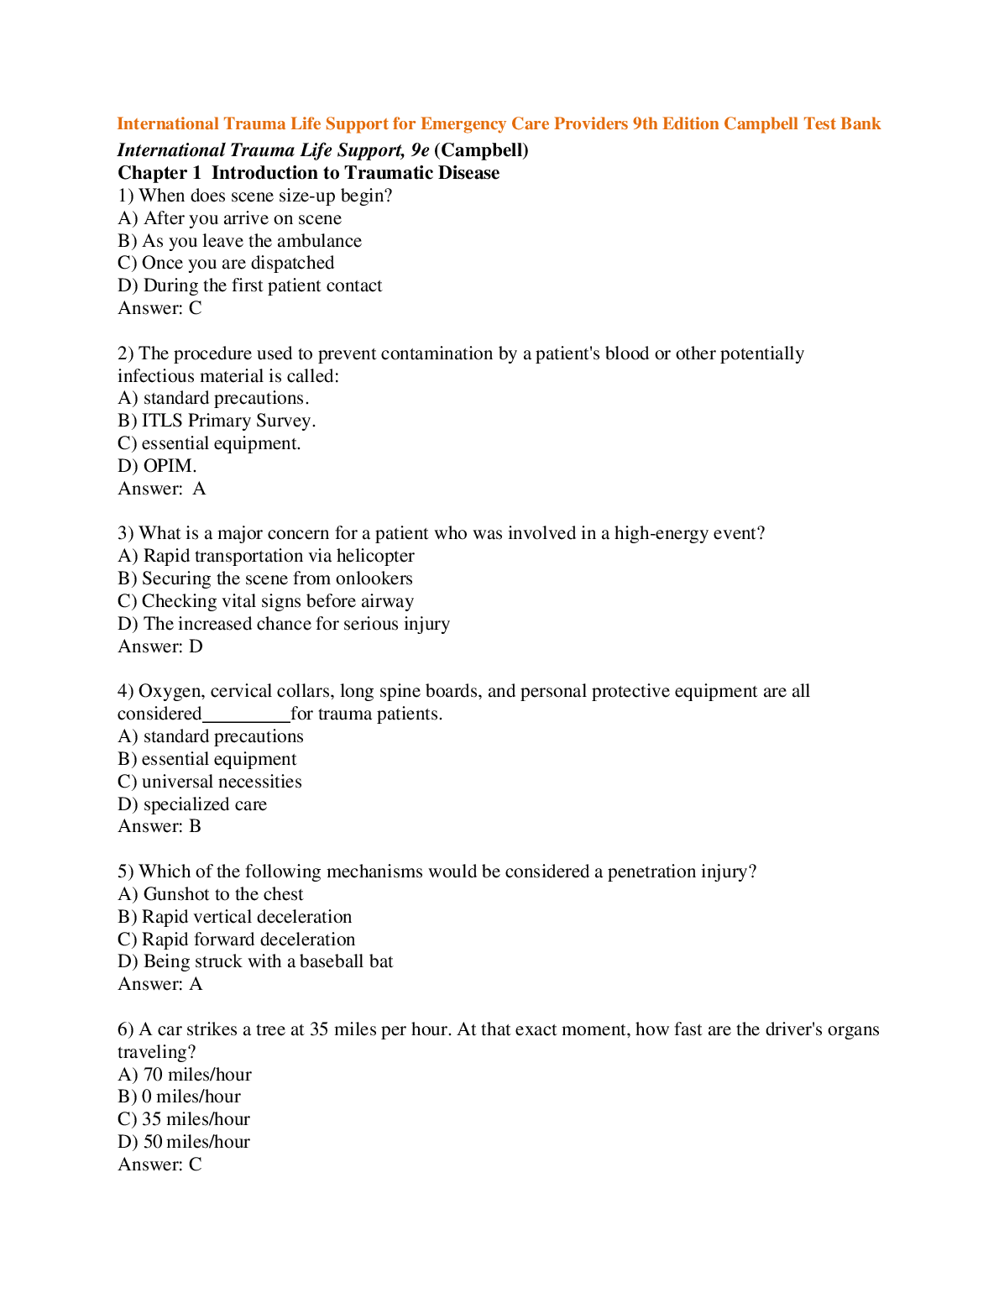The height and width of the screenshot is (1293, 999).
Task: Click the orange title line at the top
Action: coord(499,124)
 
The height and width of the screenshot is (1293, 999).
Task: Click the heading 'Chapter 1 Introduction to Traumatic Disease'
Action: coord(308,173)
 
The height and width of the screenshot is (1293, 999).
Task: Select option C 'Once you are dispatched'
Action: coord(226,263)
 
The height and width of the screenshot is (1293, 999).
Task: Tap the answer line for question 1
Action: coord(160,308)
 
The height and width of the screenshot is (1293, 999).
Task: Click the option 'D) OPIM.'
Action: coord(157,466)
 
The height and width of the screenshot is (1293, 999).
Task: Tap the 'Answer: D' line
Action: coord(160,646)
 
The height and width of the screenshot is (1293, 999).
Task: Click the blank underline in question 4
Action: coord(246,715)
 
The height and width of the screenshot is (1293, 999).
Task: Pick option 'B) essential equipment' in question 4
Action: coord(207,759)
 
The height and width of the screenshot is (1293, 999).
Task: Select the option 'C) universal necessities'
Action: coord(210,782)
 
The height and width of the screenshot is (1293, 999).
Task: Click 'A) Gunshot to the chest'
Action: coord(211,894)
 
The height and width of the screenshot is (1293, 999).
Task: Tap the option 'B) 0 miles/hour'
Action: coord(180,1097)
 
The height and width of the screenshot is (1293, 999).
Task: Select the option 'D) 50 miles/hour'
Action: coord(184,1142)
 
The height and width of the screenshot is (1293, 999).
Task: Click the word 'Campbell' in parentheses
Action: coord(481,150)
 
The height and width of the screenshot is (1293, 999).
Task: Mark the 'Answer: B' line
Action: coord(160,826)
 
